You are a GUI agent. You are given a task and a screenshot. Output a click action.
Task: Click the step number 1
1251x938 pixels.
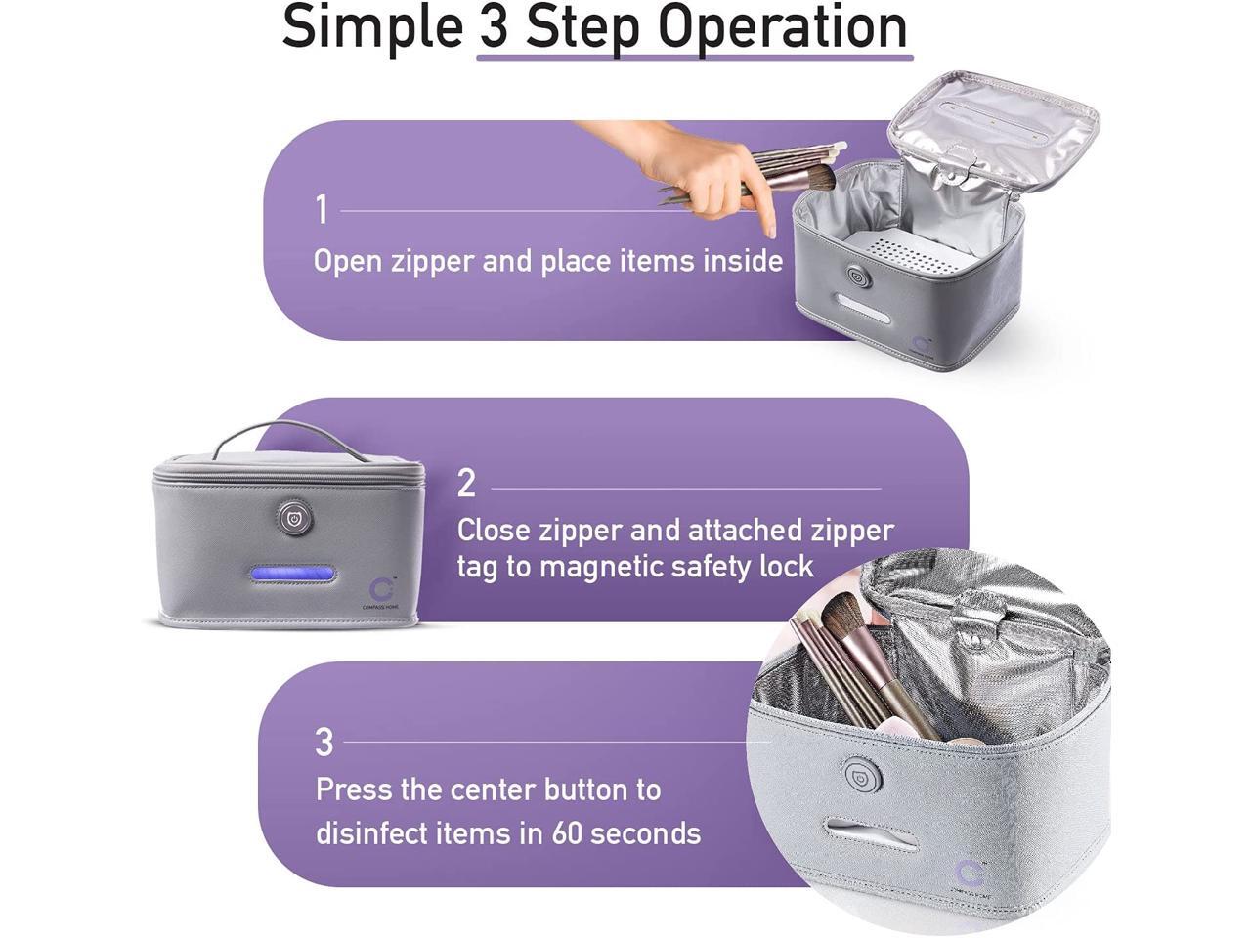[x=322, y=209]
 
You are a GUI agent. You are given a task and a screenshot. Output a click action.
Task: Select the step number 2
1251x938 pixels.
[x=466, y=484]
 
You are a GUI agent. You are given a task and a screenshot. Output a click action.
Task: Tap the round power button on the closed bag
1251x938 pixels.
[x=295, y=517]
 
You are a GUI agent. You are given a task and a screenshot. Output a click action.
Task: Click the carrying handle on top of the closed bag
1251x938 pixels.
[x=290, y=438]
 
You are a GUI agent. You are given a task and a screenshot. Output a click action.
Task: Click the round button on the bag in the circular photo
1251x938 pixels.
[x=862, y=775]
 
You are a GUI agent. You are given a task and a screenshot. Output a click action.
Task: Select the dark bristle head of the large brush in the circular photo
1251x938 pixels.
[x=845, y=617]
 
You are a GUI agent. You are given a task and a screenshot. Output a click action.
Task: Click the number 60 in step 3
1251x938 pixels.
[x=567, y=833]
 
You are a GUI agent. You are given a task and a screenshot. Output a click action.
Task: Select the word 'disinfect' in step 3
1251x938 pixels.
[x=371, y=833]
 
